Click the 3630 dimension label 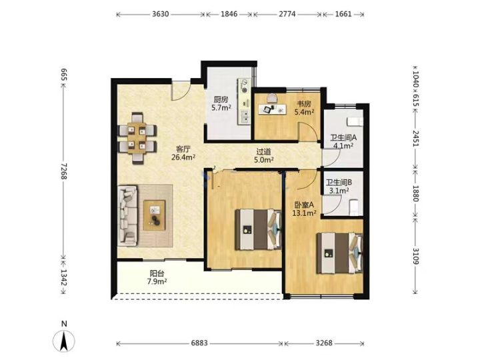pos(161,14)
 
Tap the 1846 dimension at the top pos(229,14)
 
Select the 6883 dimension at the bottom pos(199,343)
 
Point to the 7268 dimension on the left pos(64,171)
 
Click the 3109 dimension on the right pos(415,255)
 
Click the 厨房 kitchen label pos(221,99)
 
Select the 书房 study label pos(304,104)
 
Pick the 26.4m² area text pos(183,157)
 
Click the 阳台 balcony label pos(157,273)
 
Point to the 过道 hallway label pos(263,151)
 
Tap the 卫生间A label pos(343,138)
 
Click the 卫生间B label pos(339,183)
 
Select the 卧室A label pos(304,205)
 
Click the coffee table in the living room pos(155,215)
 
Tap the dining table pos(137,138)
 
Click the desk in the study pos(273,109)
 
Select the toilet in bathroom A pos(355,121)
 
